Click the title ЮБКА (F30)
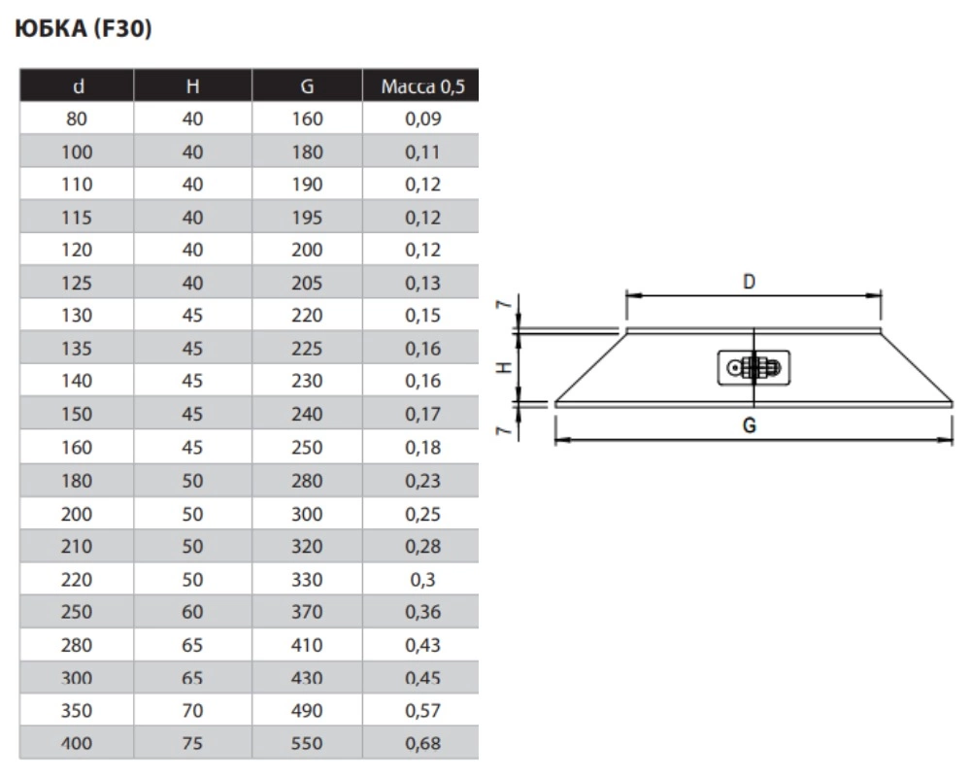[83, 28]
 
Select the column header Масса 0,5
[423, 86]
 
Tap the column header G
[307, 86]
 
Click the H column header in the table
[192, 86]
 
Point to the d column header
[78, 86]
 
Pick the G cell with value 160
[307, 118]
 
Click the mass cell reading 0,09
[423, 118]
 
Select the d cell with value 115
[77, 218]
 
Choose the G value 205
[307, 284]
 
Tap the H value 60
[192, 612]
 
